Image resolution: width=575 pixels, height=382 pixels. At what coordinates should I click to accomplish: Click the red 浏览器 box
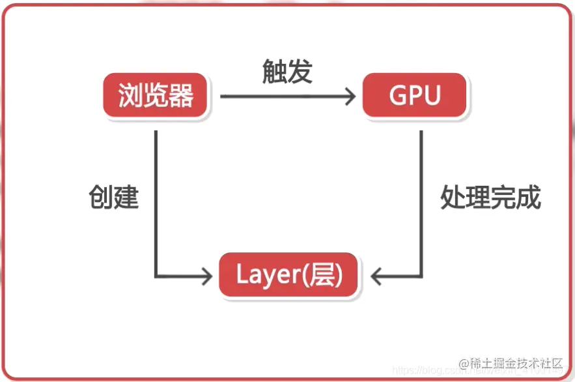(x=156, y=96)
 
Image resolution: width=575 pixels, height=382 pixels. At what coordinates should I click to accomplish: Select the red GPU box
(x=415, y=96)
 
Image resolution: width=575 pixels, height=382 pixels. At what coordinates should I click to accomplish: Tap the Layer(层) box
(x=288, y=276)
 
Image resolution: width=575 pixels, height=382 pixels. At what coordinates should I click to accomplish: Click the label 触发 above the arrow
(x=287, y=72)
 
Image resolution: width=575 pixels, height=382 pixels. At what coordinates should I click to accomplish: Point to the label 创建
(x=114, y=196)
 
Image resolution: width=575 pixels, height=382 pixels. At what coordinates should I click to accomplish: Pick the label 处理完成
(x=490, y=196)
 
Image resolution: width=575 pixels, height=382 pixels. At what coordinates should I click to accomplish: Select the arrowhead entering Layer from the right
(x=378, y=276)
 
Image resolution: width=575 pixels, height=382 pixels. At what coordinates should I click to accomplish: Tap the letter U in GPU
(x=432, y=96)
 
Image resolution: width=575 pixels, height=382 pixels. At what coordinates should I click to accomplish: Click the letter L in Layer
(x=241, y=275)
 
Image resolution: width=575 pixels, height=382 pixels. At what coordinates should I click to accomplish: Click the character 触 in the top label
(x=274, y=72)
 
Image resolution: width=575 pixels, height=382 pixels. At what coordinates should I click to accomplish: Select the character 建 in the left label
(x=126, y=196)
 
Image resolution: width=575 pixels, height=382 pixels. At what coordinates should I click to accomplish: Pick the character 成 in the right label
(x=529, y=196)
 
